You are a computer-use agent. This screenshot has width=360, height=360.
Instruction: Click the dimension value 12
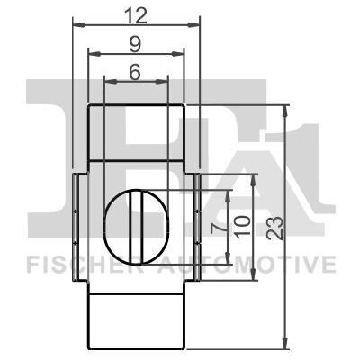click(137, 15)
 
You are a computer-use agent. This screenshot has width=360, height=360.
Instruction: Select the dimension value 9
click(136, 45)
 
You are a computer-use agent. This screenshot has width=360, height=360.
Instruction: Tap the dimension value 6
click(135, 72)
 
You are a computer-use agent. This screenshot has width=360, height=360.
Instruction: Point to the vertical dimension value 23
click(275, 228)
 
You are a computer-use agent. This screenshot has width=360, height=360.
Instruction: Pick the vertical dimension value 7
click(218, 229)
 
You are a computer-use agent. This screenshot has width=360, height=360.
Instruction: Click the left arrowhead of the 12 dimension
click(79, 24)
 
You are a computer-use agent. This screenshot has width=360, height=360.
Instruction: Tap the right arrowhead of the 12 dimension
click(193, 24)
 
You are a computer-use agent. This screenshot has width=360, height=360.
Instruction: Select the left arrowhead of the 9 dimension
click(94, 54)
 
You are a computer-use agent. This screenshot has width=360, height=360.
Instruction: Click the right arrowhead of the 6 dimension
click(160, 81)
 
